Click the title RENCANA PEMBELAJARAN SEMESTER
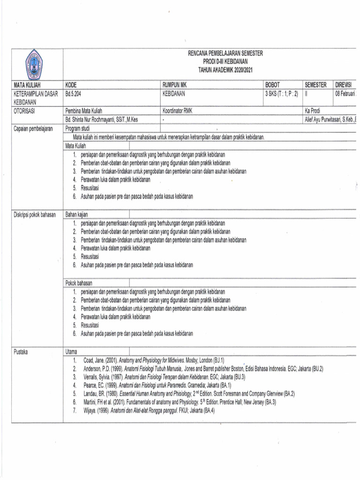tap(225, 54)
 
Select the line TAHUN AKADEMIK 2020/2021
tap(225, 69)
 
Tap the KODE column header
tap(71, 85)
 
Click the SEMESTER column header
tap(315, 85)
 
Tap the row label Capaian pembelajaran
tap(33, 128)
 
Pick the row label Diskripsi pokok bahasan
tap(35, 215)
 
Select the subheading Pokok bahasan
tap(79, 283)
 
